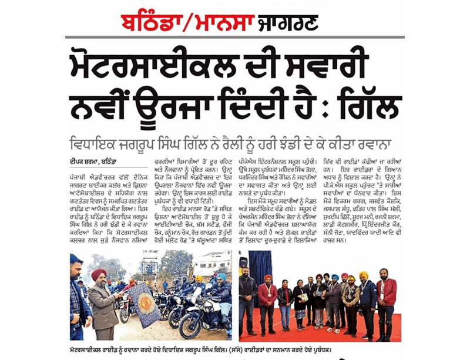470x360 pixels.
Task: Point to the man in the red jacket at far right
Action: coord(387,300)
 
